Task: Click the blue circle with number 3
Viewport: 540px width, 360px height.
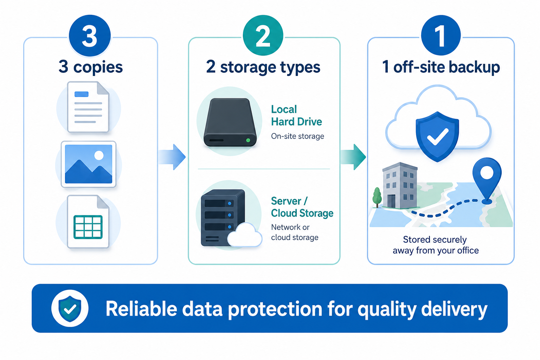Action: [90, 36]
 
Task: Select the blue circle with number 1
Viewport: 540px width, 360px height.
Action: [441, 36]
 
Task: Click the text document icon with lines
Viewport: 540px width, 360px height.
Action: [88, 107]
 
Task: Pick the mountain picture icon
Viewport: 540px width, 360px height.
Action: [89, 164]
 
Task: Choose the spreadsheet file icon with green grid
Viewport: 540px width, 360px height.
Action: [88, 221]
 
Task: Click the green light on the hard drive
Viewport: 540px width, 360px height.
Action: [248, 140]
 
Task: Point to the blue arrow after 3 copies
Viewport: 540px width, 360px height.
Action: [172, 157]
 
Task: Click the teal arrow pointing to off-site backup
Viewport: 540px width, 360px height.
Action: [353, 157]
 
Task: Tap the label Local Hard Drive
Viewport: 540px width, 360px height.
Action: [296, 116]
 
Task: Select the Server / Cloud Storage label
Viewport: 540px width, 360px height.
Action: [302, 207]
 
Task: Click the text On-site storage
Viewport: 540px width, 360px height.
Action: [297, 136]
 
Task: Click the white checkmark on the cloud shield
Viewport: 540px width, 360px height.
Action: [438, 136]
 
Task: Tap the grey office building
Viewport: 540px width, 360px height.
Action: [400, 185]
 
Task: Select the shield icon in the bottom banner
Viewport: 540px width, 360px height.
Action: [70, 309]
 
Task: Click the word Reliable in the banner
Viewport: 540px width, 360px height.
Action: [141, 309]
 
